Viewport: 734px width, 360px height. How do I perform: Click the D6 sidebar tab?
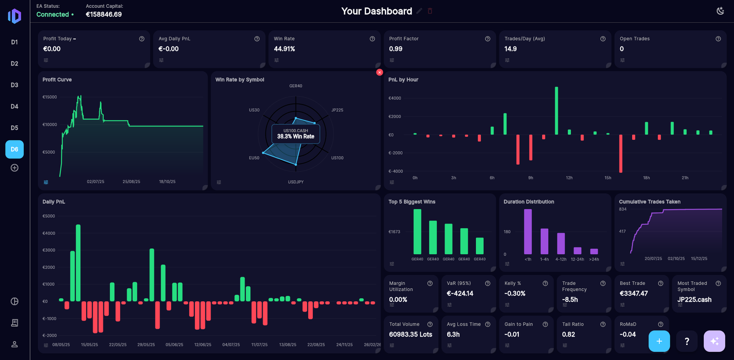[x=14, y=150]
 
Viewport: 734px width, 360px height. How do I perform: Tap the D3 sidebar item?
[x=14, y=85]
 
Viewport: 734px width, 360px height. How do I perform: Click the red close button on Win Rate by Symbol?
[x=379, y=72]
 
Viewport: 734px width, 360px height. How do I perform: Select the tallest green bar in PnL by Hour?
[x=556, y=110]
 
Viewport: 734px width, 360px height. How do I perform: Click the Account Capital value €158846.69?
[x=104, y=15]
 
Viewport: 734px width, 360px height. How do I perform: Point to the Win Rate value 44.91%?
[x=284, y=49]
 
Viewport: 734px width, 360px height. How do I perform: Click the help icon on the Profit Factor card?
[x=488, y=39]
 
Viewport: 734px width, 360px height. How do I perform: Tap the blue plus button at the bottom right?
[x=659, y=341]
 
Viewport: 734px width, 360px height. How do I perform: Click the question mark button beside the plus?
[x=687, y=341]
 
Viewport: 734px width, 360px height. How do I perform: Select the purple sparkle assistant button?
[x=714, y=341]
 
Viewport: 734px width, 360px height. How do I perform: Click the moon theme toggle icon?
[x=720, y=11]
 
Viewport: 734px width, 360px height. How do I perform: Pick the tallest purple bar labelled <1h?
[x=528, y=232]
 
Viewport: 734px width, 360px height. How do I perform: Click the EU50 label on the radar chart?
[x=254, y=158]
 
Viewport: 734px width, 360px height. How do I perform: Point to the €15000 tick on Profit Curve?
[x=50, y=97]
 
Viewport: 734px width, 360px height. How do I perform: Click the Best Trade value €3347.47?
[x=634, y=294]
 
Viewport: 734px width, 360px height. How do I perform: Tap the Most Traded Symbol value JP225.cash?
[x=694, y=299]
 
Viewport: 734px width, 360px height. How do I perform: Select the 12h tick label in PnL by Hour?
[x=569, y=178]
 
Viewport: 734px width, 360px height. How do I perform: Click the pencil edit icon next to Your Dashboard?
[x=419, y=11]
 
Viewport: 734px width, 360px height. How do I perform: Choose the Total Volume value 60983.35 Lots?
[x=411, y=334]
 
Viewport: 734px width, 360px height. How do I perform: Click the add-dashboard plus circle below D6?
[x=14, y=168]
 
